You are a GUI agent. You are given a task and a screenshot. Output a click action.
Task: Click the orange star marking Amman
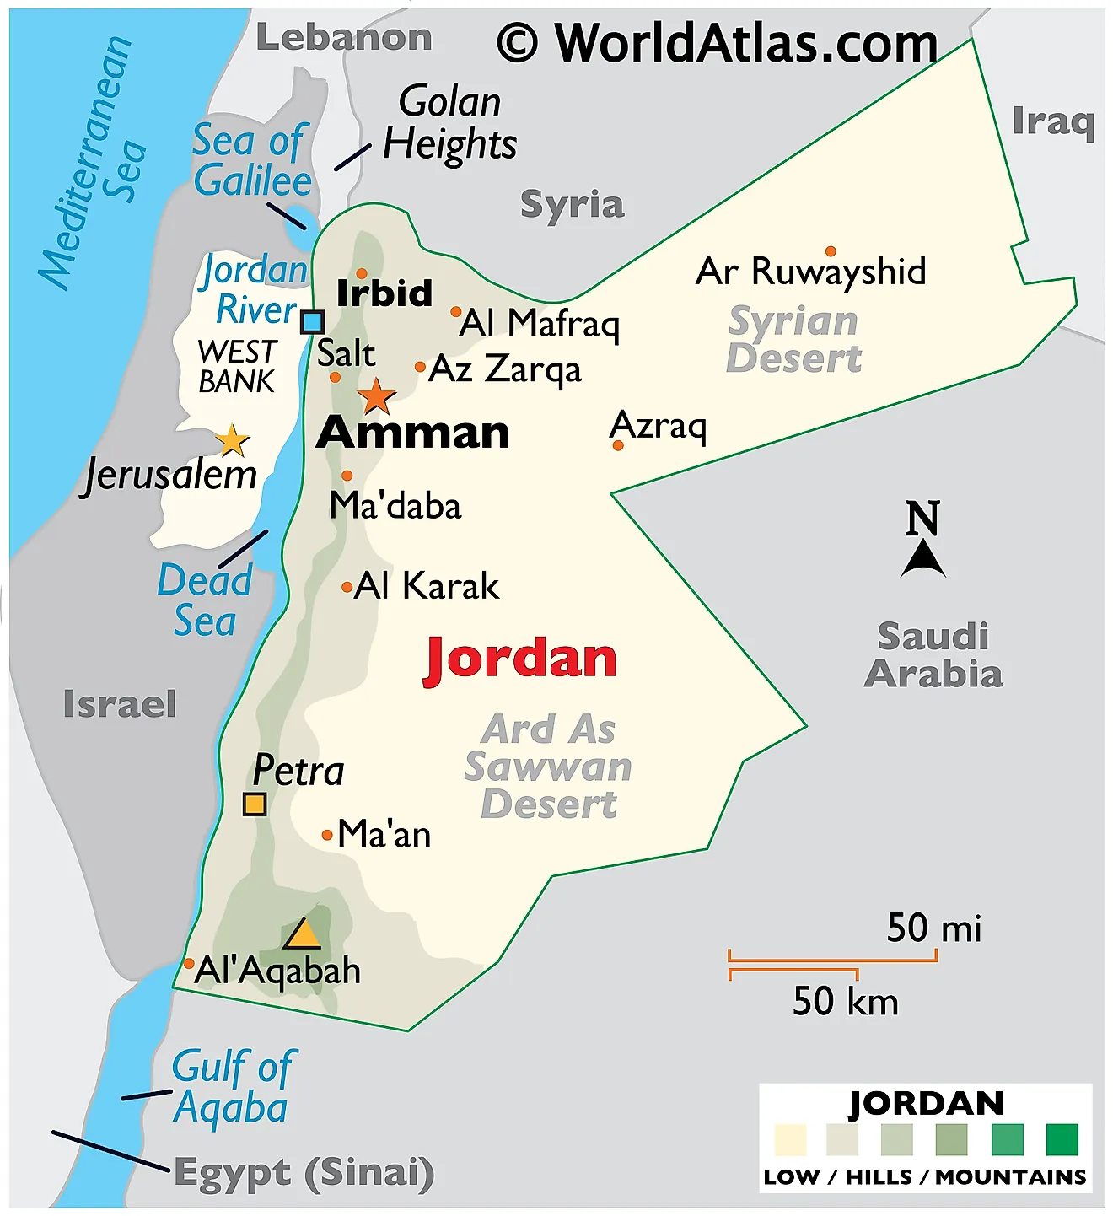[x=376, y=395]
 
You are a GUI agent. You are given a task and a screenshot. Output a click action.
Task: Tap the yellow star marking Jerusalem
[x=232, y=440]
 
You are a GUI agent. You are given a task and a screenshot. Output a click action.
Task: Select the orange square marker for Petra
[x=255, y=804]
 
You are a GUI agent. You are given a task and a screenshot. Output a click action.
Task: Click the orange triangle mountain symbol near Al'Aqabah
[x=302, y=935]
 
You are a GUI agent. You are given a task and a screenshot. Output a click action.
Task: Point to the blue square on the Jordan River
[x=313, y=321]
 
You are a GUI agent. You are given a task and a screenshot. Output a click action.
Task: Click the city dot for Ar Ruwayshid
[x=831, y=251]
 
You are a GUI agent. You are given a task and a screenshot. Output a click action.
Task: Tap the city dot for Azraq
[x=618, y=445]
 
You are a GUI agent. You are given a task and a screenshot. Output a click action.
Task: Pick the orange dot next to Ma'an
[x=327, y=836]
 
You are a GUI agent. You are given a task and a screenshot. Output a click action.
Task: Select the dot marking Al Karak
[x=347, y=587]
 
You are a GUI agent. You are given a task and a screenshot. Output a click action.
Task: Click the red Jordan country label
[x=521, y=659]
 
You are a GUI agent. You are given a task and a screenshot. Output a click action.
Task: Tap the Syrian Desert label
[x=793, y=340]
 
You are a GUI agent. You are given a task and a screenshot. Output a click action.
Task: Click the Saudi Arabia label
[x=933, y=655]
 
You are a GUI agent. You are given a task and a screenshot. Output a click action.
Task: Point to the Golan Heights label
[x=449, y=123]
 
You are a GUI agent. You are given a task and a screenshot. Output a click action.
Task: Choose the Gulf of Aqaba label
[x=233, y=1087]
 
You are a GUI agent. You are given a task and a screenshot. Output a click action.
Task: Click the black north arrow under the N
[x=923, y=559]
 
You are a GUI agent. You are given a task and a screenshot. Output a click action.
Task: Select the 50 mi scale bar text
[x=934, y=928]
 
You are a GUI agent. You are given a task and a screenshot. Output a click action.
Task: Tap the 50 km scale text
[x=845, y=1001]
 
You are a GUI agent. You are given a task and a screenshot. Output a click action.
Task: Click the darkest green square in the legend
[x=1062, y=1139]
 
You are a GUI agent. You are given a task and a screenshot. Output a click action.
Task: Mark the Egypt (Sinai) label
[x=304, y=1173]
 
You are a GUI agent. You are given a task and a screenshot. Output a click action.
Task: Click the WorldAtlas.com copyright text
[x=717, y=43]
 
